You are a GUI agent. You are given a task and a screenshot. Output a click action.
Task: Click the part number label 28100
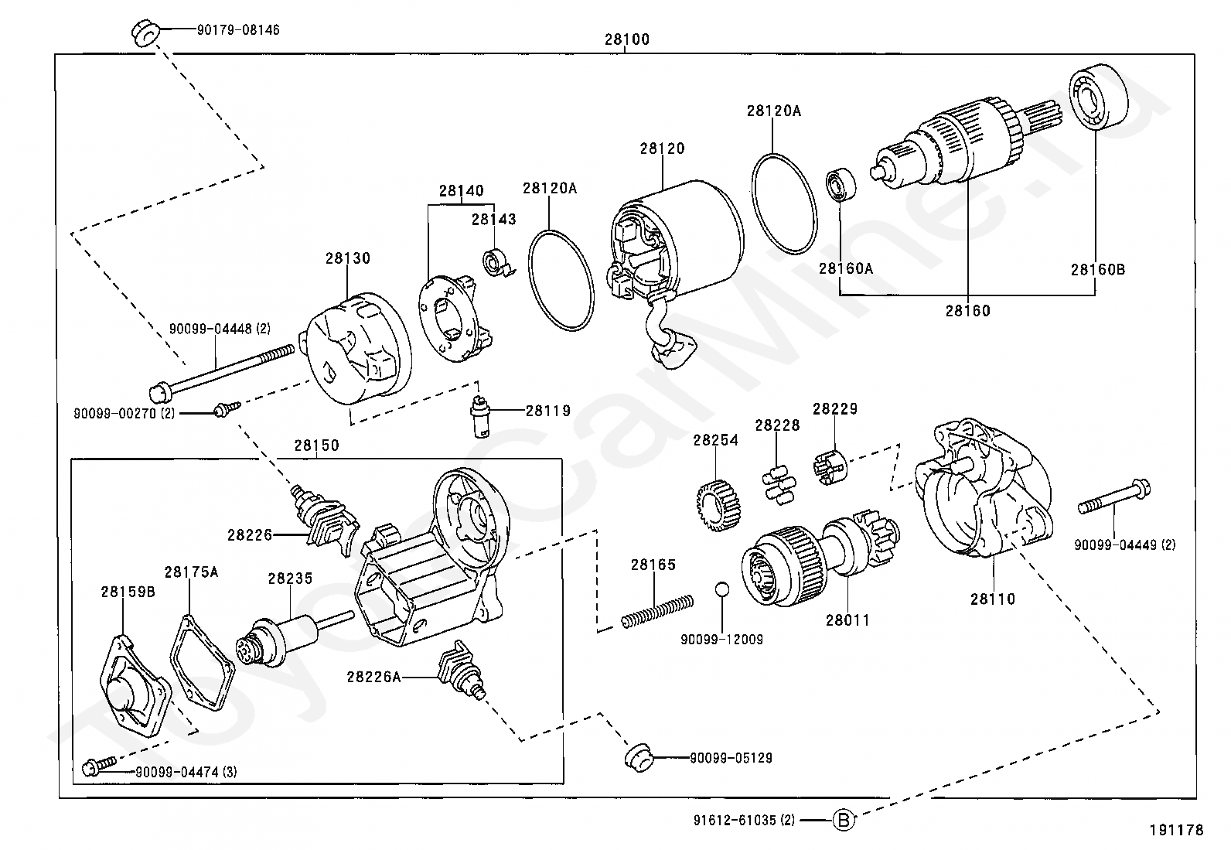626,39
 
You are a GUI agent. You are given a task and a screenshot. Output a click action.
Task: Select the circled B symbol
844,819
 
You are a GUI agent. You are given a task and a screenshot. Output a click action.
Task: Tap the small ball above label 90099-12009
721,589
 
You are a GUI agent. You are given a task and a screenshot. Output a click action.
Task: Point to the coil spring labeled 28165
657,609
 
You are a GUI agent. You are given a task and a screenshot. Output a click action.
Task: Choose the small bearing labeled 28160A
841,184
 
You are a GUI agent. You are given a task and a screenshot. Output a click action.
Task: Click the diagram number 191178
1176,830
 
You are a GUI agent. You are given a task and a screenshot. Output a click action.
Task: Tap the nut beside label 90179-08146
145,33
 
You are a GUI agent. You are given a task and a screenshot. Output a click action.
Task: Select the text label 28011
847,620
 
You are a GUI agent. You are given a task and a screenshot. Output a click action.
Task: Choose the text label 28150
316,445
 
